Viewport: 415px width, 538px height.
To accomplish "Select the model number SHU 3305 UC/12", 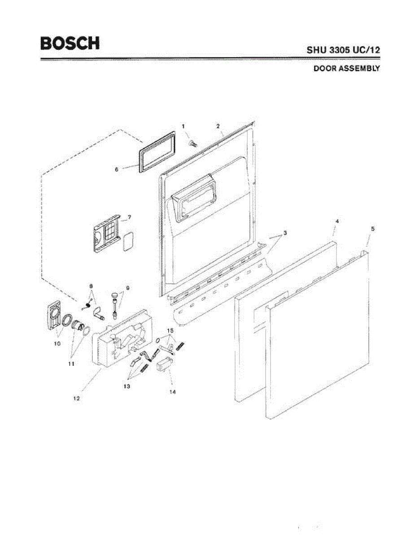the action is click(343, 50).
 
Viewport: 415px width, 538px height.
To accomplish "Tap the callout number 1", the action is click(183, 127).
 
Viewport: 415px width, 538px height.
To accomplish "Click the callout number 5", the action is click(372, 229).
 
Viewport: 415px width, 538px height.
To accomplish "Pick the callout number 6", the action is click(117, 169).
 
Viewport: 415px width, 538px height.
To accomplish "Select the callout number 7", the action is click(129, 217).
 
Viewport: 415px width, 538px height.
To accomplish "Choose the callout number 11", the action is click(71, 364).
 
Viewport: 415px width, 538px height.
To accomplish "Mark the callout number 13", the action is click(127, 386).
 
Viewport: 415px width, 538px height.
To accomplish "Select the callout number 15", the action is click(170, 330).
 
